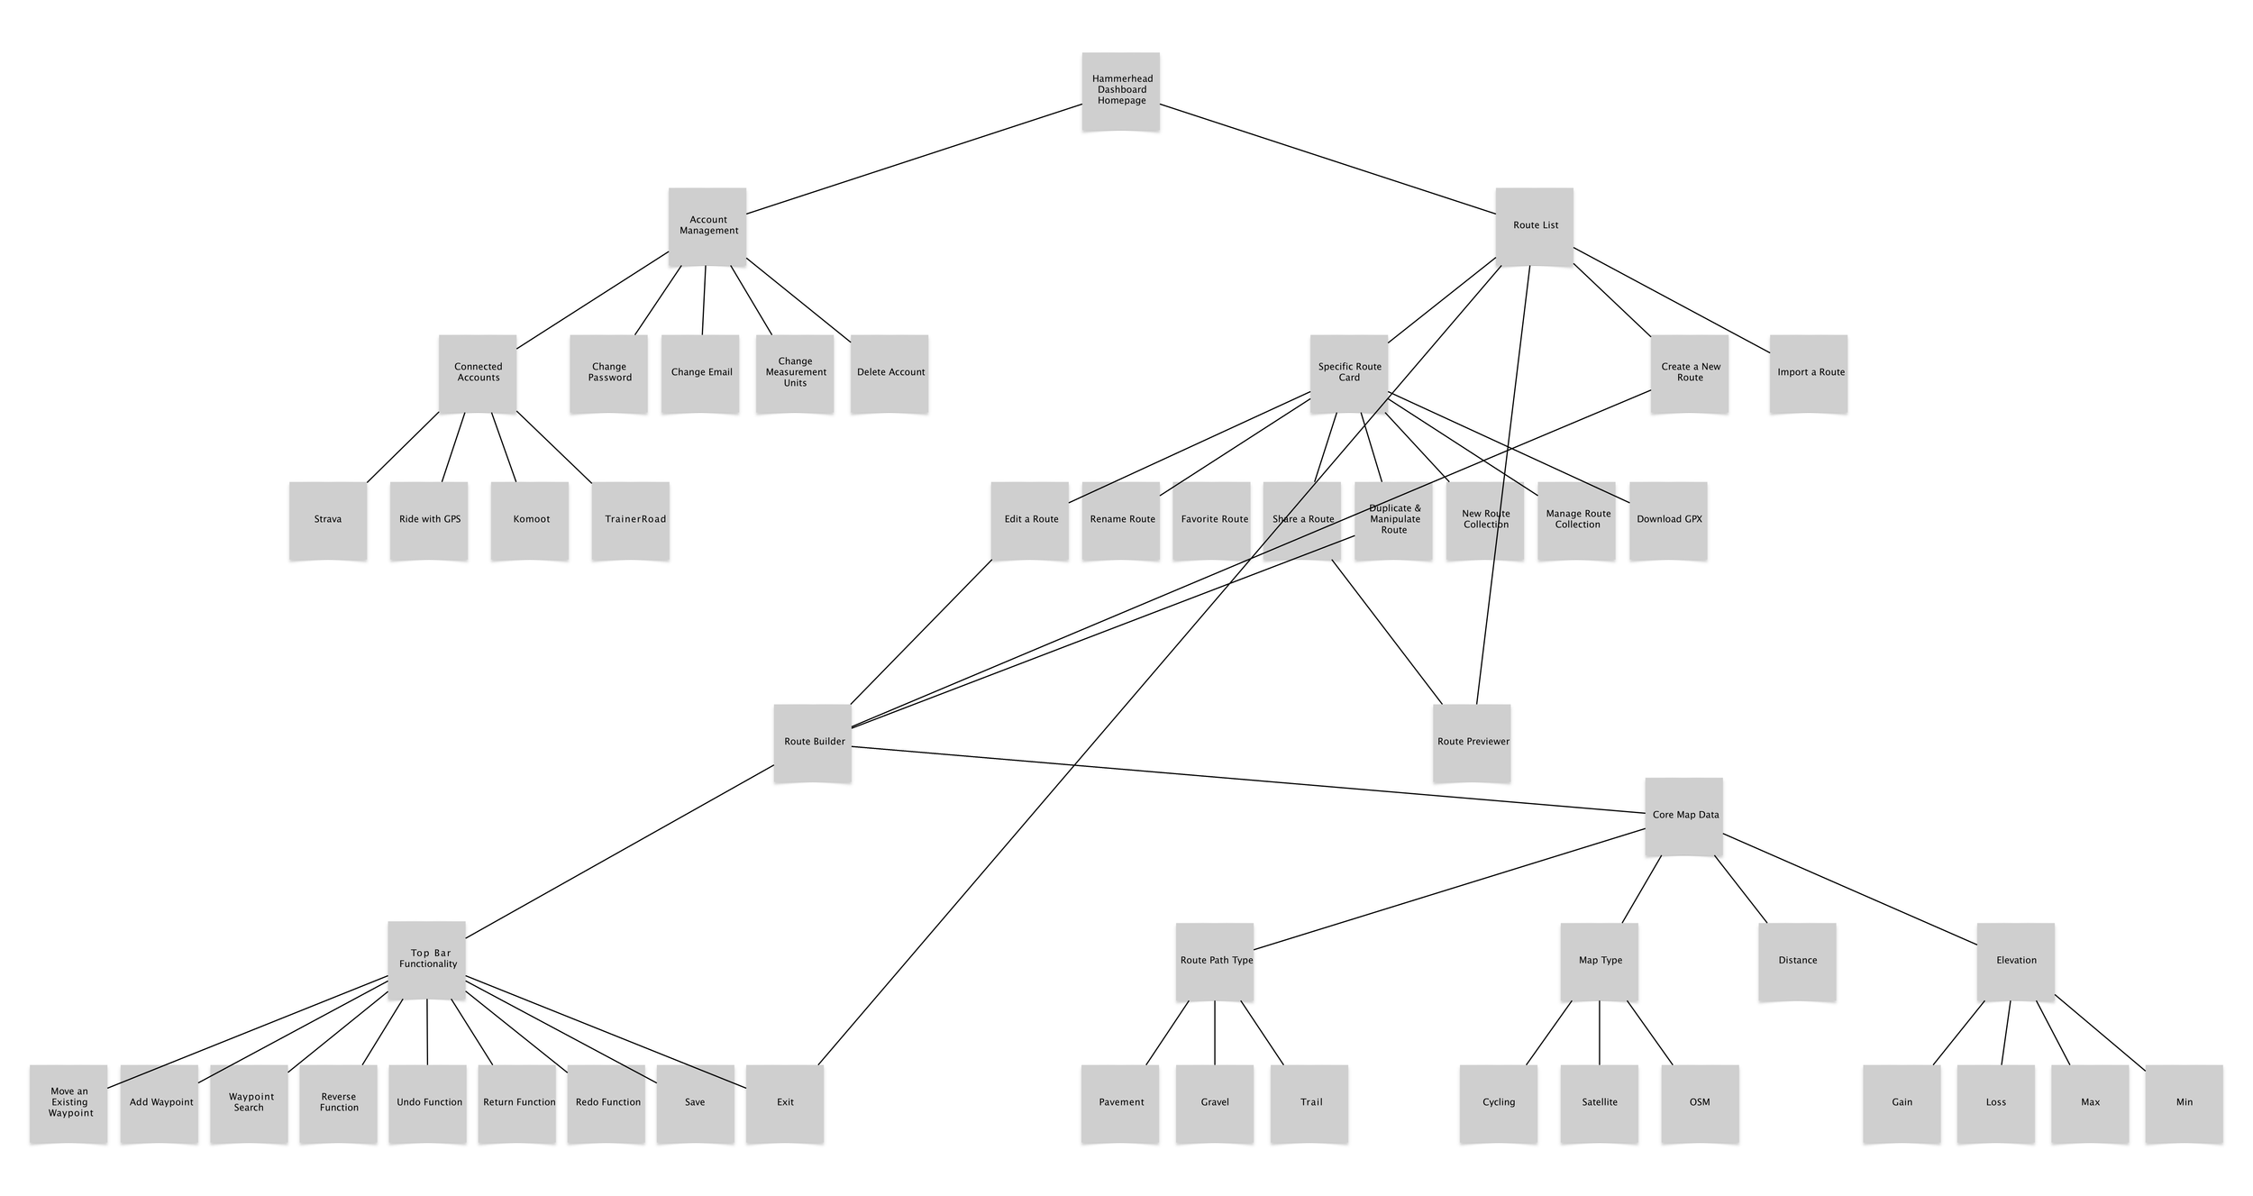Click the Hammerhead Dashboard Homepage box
(1120, 90)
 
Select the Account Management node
(707, 225)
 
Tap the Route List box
(1535, 225)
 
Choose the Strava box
(328, 520)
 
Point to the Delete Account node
(889, 373)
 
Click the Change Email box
(700, 373)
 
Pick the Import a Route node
(1809, 373)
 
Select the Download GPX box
(1668, 520)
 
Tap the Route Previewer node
(1472, 743)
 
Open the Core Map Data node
(1683, 816)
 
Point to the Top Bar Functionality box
(426, 960)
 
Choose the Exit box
(785, 1103)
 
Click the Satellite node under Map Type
(1600, 1103)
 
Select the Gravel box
(1215, 1103)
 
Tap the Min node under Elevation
(2185, 1103)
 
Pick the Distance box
(1797, 961)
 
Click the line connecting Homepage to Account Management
(915, 159)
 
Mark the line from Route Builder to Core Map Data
(1248, 780)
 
